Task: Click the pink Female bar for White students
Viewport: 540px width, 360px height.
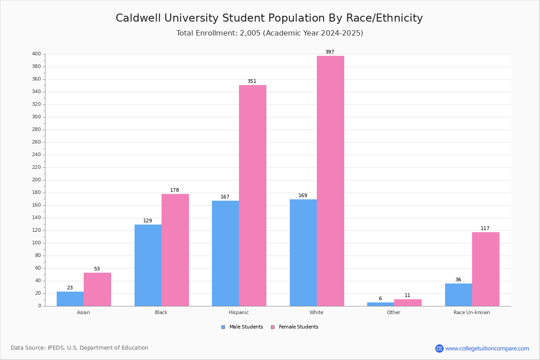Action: [330, 181]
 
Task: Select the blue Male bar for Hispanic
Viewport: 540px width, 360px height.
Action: [225, 253]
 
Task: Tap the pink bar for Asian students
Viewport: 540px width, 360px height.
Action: [97, 289]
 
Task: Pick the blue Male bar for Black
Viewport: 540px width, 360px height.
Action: [148, 265]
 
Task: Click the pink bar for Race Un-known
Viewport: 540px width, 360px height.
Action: [486, 269]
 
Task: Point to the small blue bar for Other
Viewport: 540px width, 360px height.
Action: [381, 304]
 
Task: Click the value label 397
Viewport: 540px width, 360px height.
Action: [330, 52]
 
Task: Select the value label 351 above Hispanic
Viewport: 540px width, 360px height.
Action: [252, 81]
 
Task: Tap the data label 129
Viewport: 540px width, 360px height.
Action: [148, 220]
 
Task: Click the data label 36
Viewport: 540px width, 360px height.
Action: [458, 280]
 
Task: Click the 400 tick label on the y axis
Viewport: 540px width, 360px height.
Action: [36, 54]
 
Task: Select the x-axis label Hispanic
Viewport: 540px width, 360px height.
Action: [238, 312]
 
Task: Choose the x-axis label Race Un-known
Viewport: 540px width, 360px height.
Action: [472, 312]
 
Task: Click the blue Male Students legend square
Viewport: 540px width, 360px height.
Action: [223, 327]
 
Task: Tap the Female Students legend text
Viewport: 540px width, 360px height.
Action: [299, 327]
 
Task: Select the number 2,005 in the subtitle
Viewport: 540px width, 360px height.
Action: [250, 33]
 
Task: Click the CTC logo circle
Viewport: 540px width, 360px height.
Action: [439, 348]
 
